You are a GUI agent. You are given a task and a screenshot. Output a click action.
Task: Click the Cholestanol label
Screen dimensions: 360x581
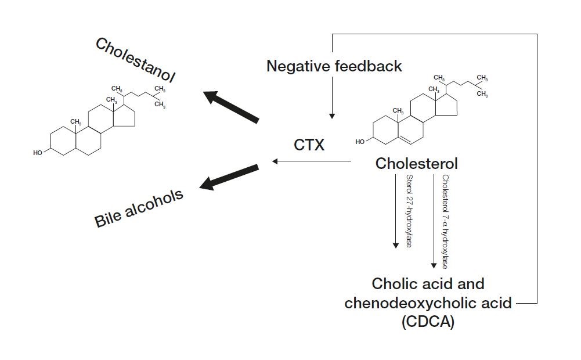pos(135,61)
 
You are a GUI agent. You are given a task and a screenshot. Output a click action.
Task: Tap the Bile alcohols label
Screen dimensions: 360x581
pos(139,207)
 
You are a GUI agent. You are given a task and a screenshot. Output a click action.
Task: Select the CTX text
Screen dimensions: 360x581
pos(309,145)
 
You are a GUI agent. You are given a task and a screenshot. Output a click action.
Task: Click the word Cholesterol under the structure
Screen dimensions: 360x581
pos(416,163)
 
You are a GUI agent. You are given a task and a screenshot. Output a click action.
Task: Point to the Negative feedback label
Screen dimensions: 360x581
pos(334,66)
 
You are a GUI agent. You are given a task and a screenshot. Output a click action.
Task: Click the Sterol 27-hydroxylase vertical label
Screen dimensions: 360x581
pos(409,210)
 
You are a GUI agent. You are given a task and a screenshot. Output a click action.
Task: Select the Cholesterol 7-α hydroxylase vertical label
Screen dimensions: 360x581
pos(445,221)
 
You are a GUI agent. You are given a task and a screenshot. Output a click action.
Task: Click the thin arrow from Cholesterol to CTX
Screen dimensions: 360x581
pos(311,161)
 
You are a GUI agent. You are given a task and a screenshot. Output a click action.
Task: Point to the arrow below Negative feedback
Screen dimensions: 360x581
pos(331,99)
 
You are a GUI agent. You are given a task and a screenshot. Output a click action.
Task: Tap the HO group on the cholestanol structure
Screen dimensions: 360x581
pos(38,153)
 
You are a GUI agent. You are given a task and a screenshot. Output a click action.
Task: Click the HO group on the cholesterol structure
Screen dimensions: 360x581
pos(360,142)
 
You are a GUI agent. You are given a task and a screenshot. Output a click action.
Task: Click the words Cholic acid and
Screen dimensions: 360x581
pos(428,284)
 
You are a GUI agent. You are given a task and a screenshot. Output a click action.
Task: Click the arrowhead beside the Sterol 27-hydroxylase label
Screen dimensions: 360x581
pos(395,244)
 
